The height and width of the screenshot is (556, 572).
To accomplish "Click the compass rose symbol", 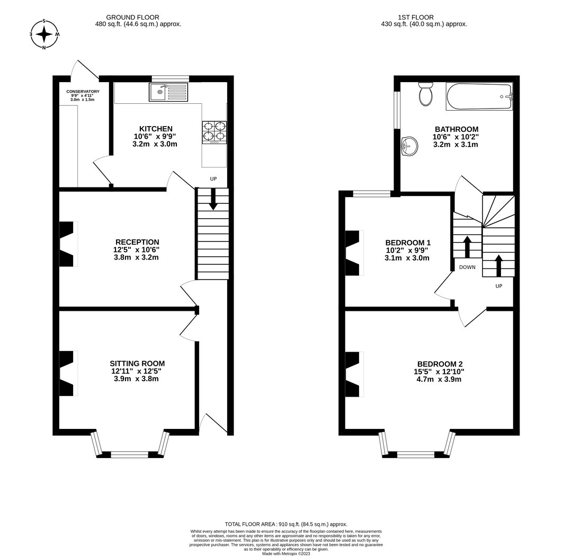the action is point(44,34).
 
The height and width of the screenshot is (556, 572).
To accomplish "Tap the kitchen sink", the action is point(168,92).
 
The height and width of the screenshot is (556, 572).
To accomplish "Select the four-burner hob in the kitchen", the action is point(215,132).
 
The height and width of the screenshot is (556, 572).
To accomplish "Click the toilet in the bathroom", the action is point(426,94).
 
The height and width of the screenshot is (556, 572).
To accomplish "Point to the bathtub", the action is point(479,97).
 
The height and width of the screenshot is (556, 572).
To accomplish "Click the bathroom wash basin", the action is point(409,147).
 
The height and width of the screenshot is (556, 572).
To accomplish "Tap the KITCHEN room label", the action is point(156,129).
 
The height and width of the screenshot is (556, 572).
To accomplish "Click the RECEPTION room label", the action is point(137,242).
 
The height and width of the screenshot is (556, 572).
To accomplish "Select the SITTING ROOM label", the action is point(137,363).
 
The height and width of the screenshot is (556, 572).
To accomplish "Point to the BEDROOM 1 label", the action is point(408,243).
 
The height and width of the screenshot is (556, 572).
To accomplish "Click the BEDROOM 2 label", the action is point(440,364).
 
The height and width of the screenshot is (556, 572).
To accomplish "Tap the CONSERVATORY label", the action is point(83,92).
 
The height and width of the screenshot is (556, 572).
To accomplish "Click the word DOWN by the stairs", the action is point(467,267).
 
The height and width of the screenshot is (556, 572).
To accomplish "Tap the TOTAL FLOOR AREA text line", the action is point(286,524).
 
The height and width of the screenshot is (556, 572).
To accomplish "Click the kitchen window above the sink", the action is point(171,78).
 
